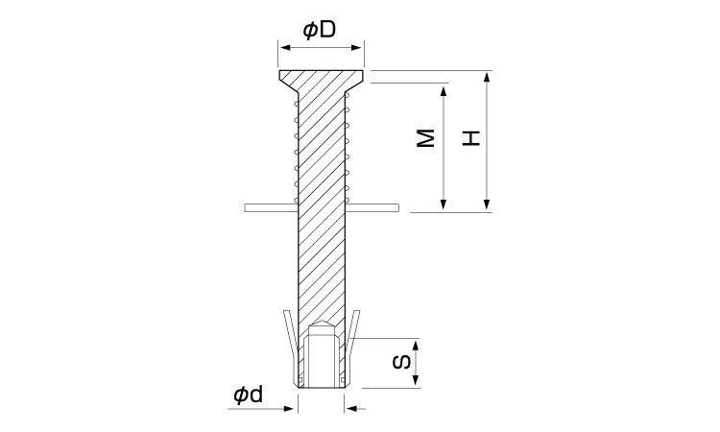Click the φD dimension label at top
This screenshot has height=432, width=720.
[320, 30]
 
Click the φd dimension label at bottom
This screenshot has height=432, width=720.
[249, 395]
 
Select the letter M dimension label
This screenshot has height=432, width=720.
[426, 138]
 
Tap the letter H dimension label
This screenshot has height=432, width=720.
[471, 138]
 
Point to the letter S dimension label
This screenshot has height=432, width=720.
[402, 363]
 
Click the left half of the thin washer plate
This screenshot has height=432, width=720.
[271, 208]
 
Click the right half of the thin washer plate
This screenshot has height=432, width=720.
[372, 208]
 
